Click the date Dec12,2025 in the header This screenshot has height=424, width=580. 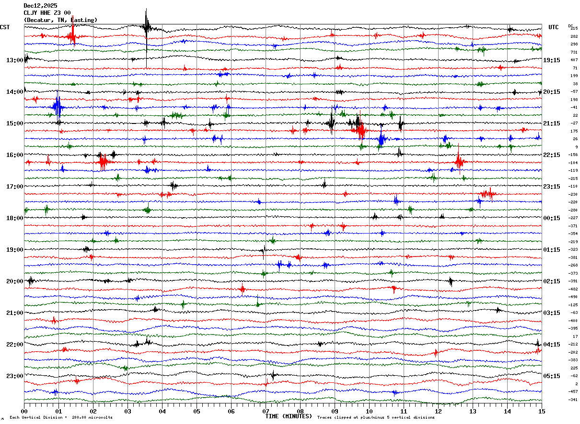click(40, 6)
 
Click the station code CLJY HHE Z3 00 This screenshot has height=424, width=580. click(47, 13)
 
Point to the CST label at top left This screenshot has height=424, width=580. click(5, 27)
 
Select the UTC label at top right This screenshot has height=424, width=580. click(554, 27)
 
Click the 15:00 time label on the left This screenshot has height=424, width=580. click(14, 123)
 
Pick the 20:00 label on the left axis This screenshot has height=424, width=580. click(14, 281)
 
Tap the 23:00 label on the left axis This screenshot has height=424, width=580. click(14, 376)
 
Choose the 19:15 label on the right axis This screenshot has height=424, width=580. click(552, 60)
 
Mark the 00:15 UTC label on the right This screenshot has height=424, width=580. click(552, 218)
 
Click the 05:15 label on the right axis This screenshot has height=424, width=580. click(552, 376)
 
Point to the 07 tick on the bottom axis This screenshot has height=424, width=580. click(266, 411)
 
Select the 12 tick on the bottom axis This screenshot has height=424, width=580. click(438, 411)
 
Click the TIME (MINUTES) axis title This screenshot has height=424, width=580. click(289, 416)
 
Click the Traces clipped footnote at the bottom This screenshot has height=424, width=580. click(376, 418)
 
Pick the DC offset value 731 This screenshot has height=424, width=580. click(574, 52)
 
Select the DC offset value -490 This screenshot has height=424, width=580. click(574, 297)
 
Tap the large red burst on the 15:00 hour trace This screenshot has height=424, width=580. click(360, 129)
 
